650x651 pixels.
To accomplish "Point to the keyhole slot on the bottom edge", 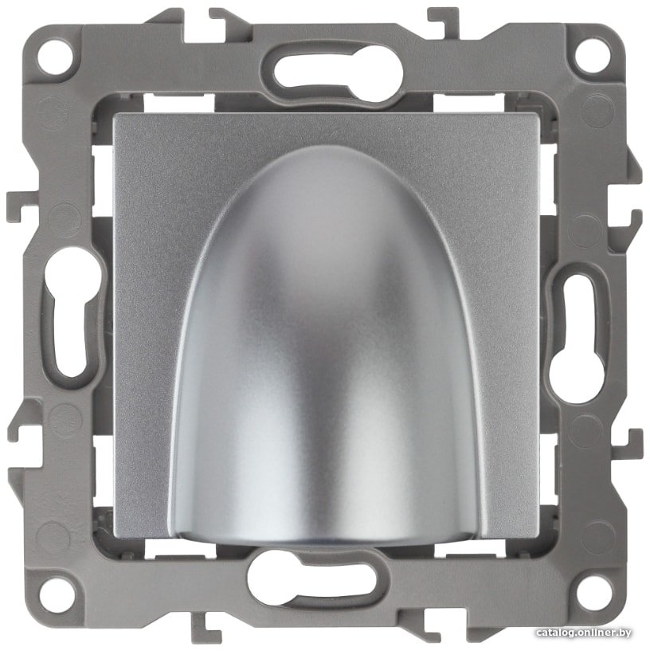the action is pos(312,578).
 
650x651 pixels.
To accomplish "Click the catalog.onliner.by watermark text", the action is pos(583,633).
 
